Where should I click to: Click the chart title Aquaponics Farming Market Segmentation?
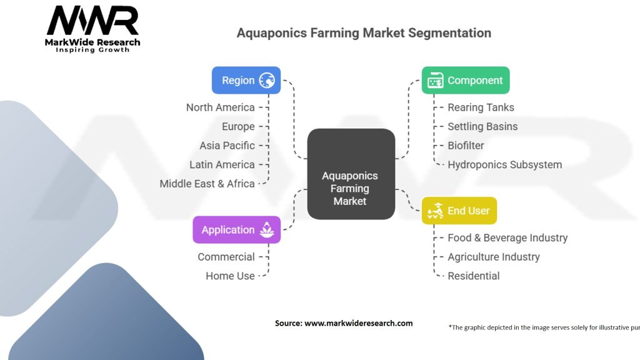[364, 33]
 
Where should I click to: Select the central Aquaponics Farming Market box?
[351, 174]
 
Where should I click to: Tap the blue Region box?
[246, 80]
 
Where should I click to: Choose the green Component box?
[465, 80]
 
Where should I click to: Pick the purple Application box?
[236, 229]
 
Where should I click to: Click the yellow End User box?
[459, 211]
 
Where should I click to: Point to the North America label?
[220, 107]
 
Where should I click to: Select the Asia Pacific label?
[227, 146]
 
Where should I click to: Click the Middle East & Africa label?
[207, 184]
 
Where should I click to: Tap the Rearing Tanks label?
[481, 107]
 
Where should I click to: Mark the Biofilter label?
[466, 146]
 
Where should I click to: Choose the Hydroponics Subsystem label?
[504, 165]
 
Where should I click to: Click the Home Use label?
[230, 276]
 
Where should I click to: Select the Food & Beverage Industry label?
[507, 237]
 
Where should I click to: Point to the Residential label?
[473, 276]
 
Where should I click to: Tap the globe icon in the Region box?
[267, 80]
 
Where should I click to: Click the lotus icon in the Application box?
[267, 229]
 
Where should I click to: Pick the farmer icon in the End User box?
[435, 211]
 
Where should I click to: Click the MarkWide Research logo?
[93, 28]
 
